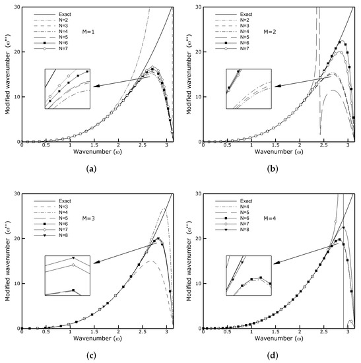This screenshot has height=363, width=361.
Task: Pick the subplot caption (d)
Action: coord(273,355)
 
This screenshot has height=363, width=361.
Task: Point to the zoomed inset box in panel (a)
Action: coord(67,88)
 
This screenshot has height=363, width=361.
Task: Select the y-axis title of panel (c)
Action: coord(6,264)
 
